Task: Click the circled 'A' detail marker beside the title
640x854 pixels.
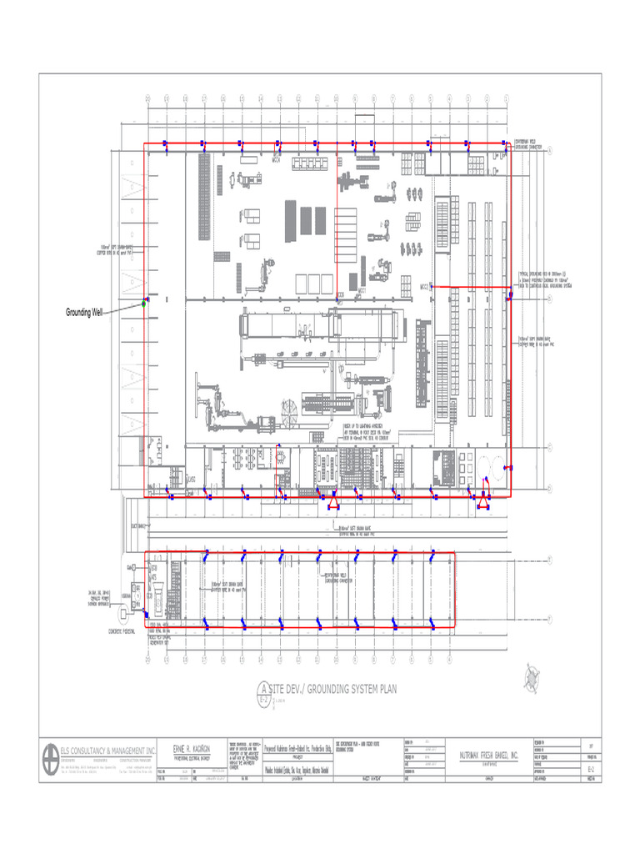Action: pos(264,690)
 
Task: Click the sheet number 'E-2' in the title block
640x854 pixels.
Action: pos(591,771)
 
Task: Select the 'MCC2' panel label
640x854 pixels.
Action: pos(424,286)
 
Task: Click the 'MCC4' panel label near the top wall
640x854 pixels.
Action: pos(276,161)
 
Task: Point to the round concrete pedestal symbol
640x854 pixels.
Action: pos(126,613)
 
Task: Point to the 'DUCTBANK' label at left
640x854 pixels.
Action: pos(137,526)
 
